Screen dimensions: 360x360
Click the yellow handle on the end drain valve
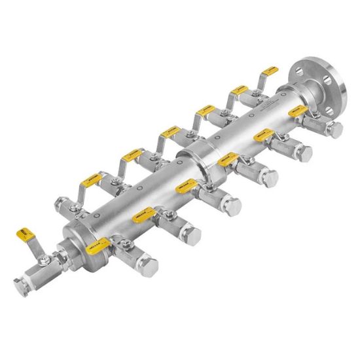click(25, 233)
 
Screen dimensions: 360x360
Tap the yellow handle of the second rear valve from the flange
click(236, 90)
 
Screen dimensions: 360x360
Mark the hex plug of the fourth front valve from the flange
click(232, 206)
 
